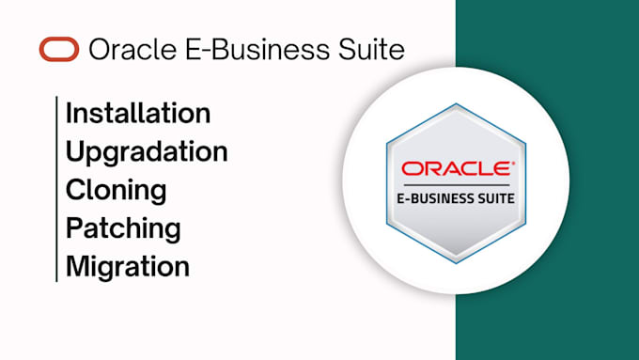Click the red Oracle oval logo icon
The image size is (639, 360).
(x=59, y=49)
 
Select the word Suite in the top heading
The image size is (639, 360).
(x=372, y=49)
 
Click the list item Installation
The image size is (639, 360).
(x=137, y=114)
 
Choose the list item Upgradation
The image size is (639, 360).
(x=147, y=151)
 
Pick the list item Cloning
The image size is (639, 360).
(x=116, y=190)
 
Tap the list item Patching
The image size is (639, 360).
(x=123, y=227)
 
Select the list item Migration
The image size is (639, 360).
(x=128, y=266)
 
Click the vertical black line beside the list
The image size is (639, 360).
(x=56, y=188)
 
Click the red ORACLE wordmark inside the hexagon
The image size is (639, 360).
(x=457, y=169)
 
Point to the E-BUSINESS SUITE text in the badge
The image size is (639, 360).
(x=457, y=197)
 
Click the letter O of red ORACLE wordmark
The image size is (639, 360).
(x=412, y=169)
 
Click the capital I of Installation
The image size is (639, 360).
(x=69, y=114)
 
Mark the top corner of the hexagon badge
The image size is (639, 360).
(x=457, y=104)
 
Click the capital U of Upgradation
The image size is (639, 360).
(x=75, y=151)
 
